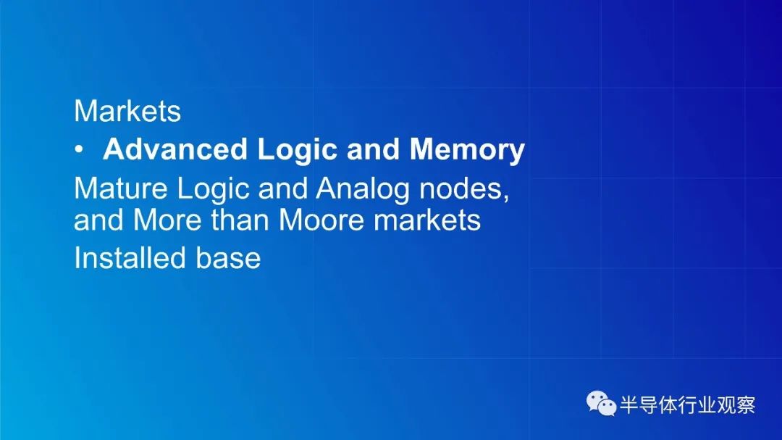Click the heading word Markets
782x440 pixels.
pyautogui.click(x=127, y=111)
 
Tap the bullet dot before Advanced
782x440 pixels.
pyautogui.click(x=79, y=149)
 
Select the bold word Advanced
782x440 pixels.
pyautogui.click(x=175, y=149)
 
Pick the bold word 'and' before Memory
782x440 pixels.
pyautogui.click(x=374, y=149)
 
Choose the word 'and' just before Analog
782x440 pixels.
pyautogui.click(x=283, y=188)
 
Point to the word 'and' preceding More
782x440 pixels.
pyautogui.click(x=98, y=220)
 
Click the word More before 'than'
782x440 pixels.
pyautogui.click(x=167, y=220)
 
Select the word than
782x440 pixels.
pyautogui.click(x=240, y=220)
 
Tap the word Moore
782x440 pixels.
pyautogui.click(x=321, y=220)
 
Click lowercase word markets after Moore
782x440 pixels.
pyautogui.click(x=427, y=220)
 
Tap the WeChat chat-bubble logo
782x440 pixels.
pyautogui.click(x=601, y=404)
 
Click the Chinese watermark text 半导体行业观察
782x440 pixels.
pyautogui.click(x=688, y=404)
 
